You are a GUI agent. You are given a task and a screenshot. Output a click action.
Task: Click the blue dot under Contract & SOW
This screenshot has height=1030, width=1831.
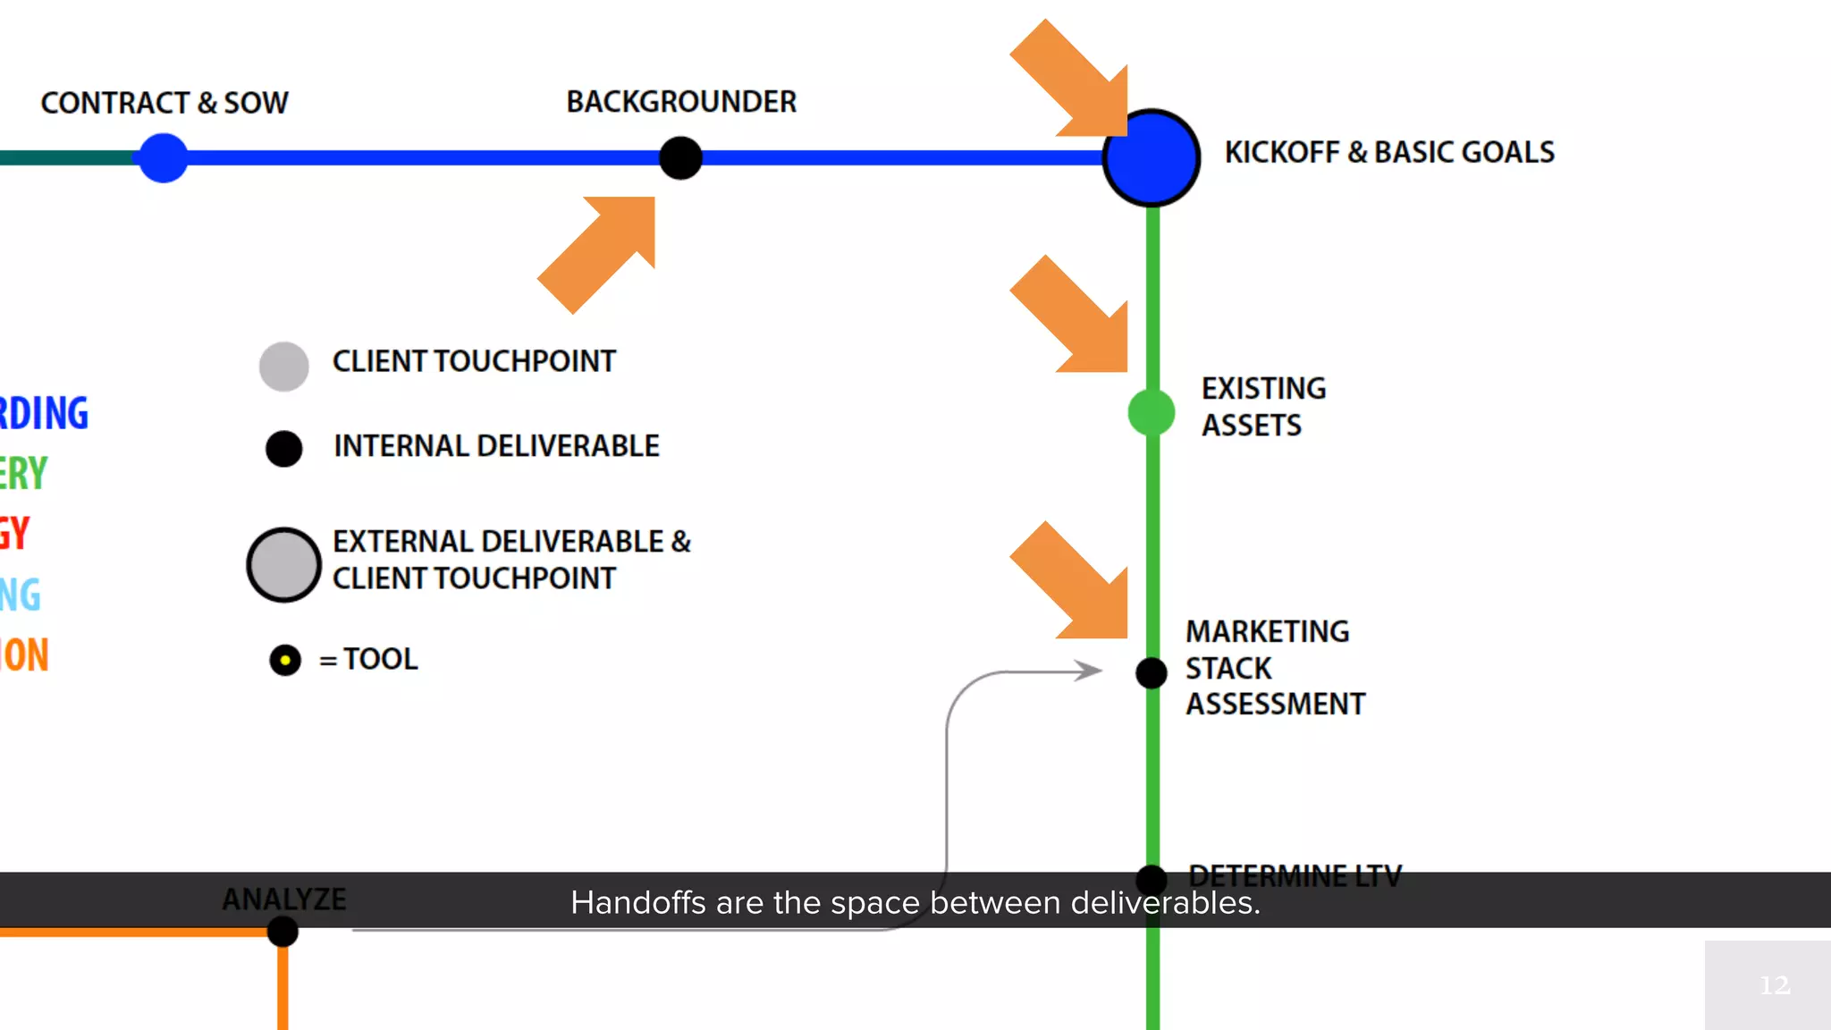pos(164,158)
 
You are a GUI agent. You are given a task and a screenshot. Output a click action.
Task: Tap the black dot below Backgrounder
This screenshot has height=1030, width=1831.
pos(680,158)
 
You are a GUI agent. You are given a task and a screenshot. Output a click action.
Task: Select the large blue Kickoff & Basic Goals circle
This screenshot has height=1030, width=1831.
pos(1152,158)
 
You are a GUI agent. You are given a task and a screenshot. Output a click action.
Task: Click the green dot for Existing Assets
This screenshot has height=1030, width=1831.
pos(1152,412)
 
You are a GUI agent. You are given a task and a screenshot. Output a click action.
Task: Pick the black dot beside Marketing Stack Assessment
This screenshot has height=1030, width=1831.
pos(1152,672)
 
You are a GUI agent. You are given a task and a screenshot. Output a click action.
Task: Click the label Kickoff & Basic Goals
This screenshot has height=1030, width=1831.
pos(1389,152)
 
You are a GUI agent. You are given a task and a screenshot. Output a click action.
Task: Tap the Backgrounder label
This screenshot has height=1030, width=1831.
pos(681,102)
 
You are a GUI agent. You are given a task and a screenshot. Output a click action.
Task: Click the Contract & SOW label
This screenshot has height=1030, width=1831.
pos(165,103)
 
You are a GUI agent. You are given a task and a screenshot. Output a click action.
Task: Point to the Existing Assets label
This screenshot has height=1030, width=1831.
pos(1263,407)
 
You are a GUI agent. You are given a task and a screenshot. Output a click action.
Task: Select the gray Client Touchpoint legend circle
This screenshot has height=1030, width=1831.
pos(284,367)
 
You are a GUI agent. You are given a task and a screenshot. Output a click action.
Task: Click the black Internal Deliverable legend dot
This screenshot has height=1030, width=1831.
pos(284,448)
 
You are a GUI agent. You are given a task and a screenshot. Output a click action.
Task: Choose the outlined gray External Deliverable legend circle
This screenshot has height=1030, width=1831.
pos(284,564)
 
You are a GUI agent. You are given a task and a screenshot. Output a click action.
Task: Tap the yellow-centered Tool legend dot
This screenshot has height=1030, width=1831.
pos(285,661)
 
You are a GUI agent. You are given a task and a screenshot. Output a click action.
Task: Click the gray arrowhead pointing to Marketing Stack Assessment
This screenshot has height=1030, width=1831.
pos(1089,671)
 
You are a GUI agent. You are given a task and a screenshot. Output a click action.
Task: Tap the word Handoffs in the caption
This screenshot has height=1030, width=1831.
pos(638,903)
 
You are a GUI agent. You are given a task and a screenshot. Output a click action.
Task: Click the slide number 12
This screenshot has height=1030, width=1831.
pos(1775,985)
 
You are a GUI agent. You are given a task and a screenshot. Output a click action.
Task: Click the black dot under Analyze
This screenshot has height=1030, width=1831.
pos(283,932)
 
